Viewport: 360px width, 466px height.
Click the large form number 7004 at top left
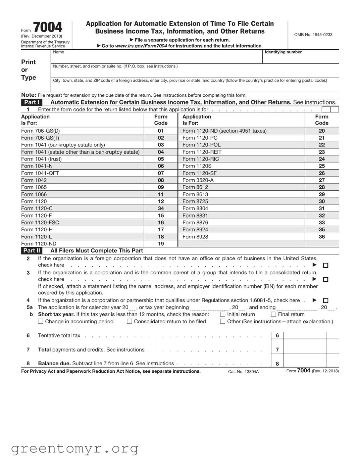[48, 27]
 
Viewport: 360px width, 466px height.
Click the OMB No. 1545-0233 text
[313, 35]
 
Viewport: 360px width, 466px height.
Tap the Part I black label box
[32, 102]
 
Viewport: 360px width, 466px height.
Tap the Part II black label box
[32, 250]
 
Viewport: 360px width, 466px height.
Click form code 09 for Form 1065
[161, 187]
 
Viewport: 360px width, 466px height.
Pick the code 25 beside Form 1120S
[321, 166]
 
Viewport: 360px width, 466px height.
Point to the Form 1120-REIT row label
[202, 152]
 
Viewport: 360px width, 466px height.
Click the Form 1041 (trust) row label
[41, 159]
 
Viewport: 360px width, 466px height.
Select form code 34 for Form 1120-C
[161, 208]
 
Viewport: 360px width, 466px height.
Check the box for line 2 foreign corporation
[325, 266]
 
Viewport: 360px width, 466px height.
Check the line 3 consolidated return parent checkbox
[325, 280]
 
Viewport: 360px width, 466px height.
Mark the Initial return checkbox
[222, 315]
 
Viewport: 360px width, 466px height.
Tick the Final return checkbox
[273, 315]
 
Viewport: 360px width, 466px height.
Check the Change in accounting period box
[41, 322]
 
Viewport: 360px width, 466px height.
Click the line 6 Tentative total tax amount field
[305, 335]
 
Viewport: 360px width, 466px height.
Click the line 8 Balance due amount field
[305, 363]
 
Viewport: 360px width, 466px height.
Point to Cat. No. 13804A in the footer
[243, 372]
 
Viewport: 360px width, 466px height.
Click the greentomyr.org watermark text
[74, 449]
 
